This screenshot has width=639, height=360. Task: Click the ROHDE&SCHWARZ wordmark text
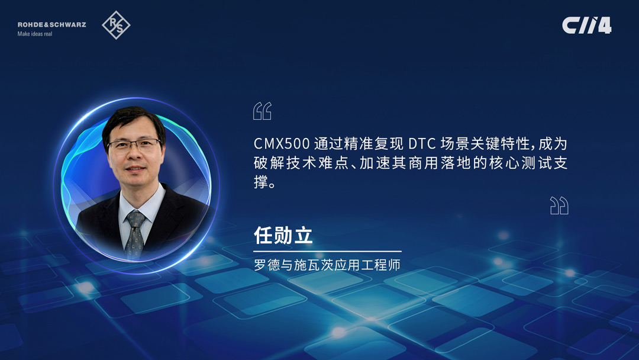(x=51, y=24)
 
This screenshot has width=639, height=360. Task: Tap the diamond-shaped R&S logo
(x=116, y=25)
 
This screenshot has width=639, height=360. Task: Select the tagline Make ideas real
(x=35, y=34)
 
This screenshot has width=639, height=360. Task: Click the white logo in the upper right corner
(x=587, y=25)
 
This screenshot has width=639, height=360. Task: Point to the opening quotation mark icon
(x=262, y=111)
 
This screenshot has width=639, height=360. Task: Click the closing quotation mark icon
(x=559, y=205)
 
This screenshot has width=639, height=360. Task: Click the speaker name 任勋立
(x=283, y=235)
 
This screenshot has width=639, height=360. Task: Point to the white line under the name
(x=327, y=251)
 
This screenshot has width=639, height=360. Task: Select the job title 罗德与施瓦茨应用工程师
(x=327, y=265)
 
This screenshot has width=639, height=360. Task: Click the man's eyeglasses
(x=134, y=144)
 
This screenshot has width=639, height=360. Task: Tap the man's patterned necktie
(x=135, y=235)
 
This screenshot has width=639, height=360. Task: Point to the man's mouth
(x=135, y=168)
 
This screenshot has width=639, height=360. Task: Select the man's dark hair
(x=133, y=123)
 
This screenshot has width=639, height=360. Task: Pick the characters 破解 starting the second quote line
(x=269, y=163)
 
